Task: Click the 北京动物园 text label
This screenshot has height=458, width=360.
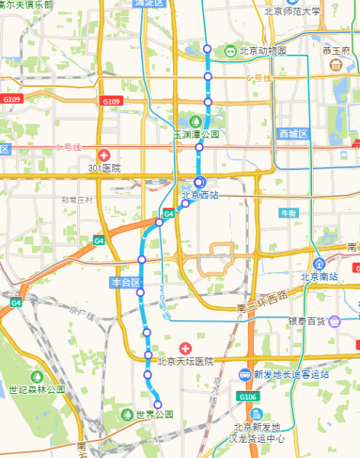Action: (263, 51)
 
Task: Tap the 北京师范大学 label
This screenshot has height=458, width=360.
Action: (293, 11)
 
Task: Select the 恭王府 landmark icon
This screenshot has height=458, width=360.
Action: (336, 65)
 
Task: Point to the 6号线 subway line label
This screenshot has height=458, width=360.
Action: (259, 78)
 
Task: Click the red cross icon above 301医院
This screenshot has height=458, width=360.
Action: (104, 155)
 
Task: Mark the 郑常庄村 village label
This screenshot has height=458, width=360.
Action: (77, 200)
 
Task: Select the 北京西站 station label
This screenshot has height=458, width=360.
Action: (200, 195)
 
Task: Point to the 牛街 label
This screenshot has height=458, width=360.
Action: (289, 213)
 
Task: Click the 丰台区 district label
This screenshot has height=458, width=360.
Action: (126, 283)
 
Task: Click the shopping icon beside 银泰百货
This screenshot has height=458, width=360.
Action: (335, 321)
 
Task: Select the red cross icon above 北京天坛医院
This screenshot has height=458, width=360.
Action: (184, 348)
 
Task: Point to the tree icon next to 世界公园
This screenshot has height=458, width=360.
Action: (127, 414)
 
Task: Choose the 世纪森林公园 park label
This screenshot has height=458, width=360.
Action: (37, 389)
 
